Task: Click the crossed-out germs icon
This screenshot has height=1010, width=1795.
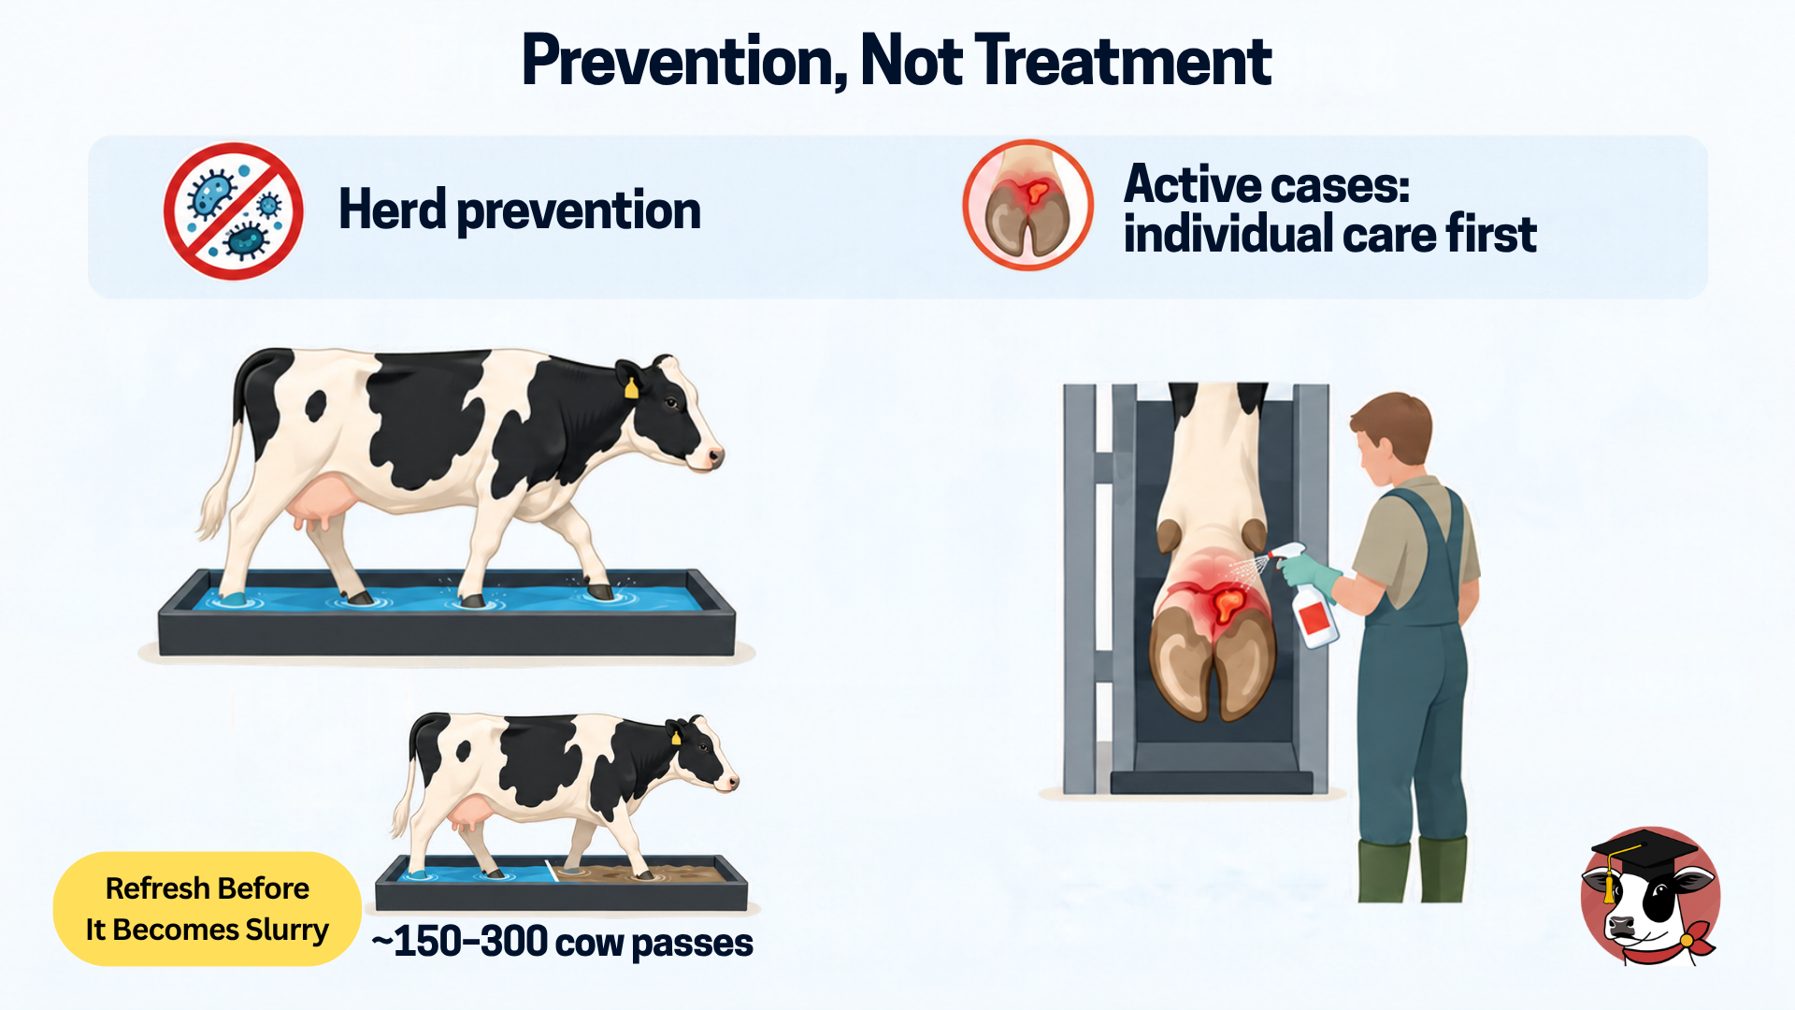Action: tap(234, 211)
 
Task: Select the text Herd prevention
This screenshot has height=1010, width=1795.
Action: tap(520, 210)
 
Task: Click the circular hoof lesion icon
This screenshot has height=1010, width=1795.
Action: tap(1028, 206)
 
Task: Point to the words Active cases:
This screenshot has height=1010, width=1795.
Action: tap(1267, 183)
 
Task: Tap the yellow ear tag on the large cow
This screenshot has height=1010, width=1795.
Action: tap(631, 387)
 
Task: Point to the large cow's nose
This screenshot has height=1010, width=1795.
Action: tap(713, 457)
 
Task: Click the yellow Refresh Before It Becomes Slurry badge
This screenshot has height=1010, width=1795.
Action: tap(208, 909)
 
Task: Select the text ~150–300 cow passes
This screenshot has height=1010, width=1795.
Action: tap(562, 942)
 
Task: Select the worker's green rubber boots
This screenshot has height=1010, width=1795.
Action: tap(1413, 871)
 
